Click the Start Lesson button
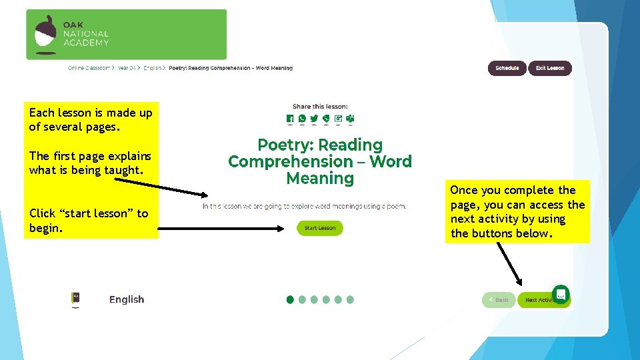(x=320, y=228)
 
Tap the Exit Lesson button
(x=550, y=68)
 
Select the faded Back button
(x=499, y=300)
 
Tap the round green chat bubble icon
(x=561, y=293)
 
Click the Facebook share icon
(x=290, y=119)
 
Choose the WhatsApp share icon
(x=302, y=119)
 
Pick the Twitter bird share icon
(x=314, y=119)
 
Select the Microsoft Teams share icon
(x=350, y=119)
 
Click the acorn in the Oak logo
(x=46, y=34)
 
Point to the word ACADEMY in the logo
(x=86, y=43)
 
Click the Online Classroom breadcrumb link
(x=89, y=68)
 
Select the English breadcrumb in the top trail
(x=152, y=68)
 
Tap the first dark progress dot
(x=290, y=300)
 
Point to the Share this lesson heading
(x=320, y=106)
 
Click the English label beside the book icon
(x=127, y=299)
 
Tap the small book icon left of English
(x=75, y=299)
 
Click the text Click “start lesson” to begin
(x=89, y=221)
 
